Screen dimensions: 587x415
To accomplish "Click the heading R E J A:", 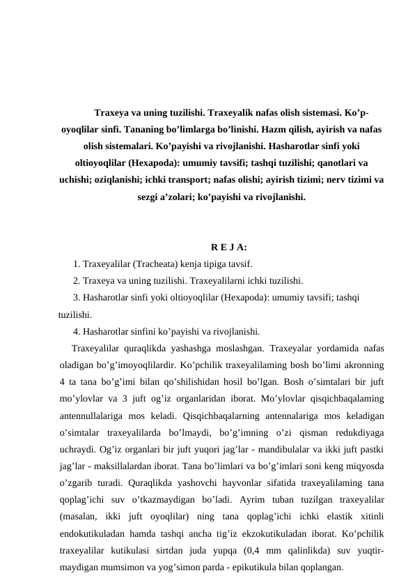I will point(228,246).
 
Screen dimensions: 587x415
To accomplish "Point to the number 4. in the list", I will point(76,331).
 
